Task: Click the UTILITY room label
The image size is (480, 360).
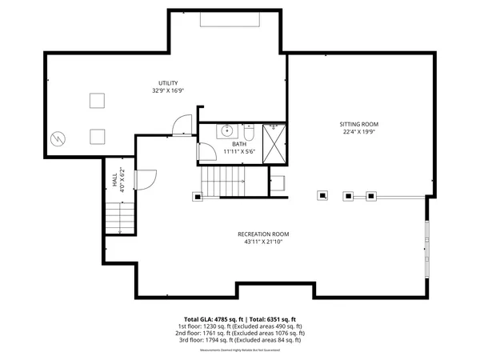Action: tap(167, 82)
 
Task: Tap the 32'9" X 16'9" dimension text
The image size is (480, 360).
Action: tap(167, 90)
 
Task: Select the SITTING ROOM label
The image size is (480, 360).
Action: tap(358, 124)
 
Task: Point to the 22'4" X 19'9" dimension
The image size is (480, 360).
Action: tap(358, 132)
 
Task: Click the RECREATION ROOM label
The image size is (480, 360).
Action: tap(262, 234)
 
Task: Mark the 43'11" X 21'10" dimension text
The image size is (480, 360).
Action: tap(262, 242)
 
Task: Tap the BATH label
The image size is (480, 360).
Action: tap(238, 143)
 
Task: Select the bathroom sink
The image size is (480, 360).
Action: tap(226, 130)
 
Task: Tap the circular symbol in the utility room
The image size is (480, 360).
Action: tap(58, 138)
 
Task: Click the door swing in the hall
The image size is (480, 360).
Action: tap(146, 182)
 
